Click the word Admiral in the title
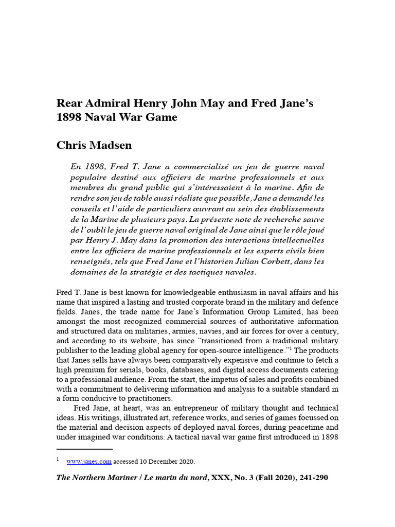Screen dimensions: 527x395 (104, 103)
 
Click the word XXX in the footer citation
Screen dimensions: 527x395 (225, 478)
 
